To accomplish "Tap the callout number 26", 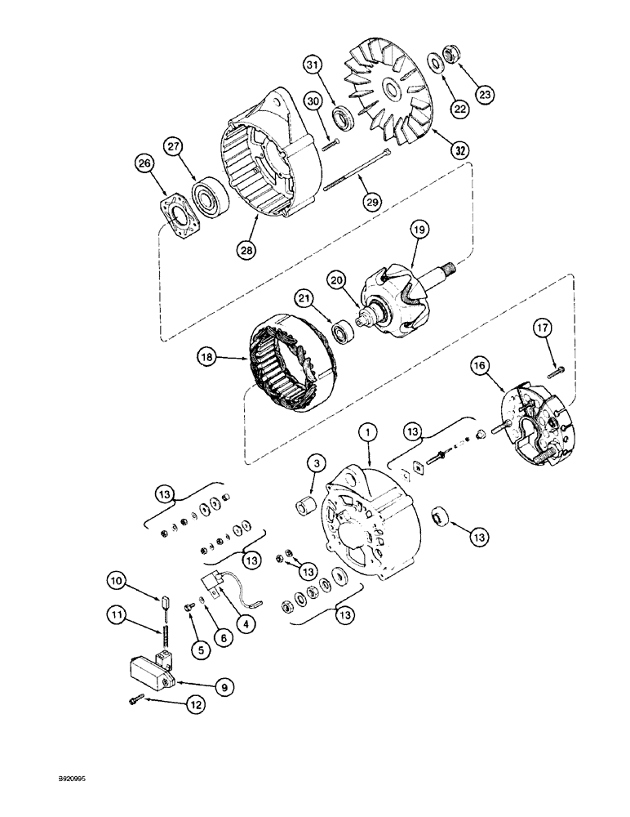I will click(x=145, y=165).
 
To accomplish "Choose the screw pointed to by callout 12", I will click(x=136, y=699).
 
